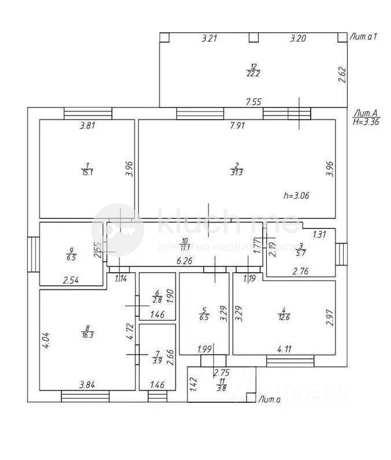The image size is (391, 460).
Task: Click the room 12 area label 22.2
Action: [252, 71]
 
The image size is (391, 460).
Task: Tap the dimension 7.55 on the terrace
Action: [254, 102]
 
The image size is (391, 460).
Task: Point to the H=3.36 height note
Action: [365, 122]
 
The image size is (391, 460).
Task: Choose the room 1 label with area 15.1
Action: [87, 171]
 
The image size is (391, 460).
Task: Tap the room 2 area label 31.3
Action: [237, 171]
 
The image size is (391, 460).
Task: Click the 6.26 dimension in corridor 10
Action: [184, 261]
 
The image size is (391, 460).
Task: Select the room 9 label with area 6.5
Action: [71, 254]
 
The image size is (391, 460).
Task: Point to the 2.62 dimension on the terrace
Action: [342, 75]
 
